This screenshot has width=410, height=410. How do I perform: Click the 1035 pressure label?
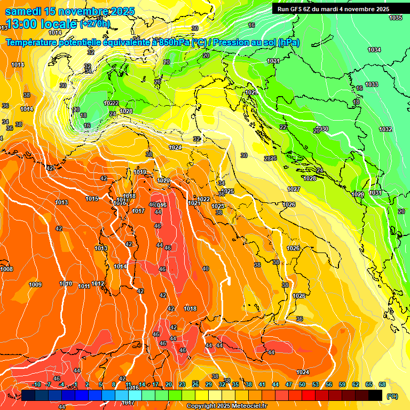(395, 18)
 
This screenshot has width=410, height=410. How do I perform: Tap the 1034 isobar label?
(374, 50)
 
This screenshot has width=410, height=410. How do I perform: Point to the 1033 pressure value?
(372, 84)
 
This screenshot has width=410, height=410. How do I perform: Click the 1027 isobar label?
(294, 189)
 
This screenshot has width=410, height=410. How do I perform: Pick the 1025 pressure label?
(227, 191)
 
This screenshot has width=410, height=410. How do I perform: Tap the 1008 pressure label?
(6, 269)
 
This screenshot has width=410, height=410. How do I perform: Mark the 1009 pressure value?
(35, 285)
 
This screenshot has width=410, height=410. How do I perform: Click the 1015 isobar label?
(92, 199)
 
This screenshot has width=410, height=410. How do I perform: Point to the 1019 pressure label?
(140, 172)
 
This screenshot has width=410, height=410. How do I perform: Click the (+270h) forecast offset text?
(95, 24)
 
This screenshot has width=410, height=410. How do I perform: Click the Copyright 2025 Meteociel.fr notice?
(226, 406)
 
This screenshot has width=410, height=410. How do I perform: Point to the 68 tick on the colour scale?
(382, 384)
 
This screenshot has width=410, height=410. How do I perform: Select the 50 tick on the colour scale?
(302, 384)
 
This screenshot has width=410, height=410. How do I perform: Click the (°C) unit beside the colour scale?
(392, 397)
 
